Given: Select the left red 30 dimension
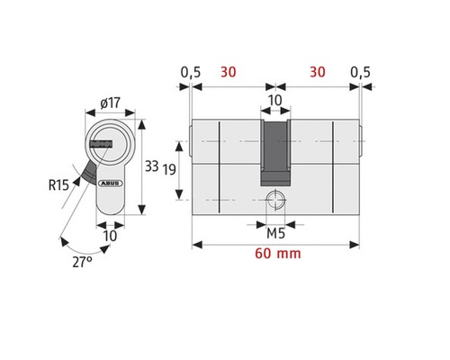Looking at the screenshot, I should (x=229, y=71).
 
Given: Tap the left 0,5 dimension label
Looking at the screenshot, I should (x=189, y=71).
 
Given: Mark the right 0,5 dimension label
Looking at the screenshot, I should (x=360, y=71).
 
